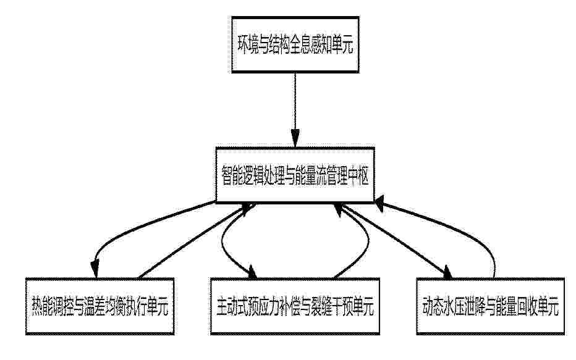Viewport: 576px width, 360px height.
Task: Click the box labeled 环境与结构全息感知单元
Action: tap(295, 44)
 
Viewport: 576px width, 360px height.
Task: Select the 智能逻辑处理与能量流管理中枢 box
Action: tap(295, 175)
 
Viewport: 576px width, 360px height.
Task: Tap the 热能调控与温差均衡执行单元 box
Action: tap(100, 306)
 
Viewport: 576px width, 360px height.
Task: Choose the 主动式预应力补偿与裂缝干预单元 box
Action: tap(295, 306)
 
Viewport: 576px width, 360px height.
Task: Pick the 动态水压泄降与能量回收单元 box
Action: tap(491, 306)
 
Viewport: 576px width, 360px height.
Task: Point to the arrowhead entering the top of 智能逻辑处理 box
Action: tap(295, 139)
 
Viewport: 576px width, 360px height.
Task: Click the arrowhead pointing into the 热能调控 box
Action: tap(95, 269)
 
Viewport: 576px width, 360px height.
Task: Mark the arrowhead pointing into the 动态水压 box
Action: tap(447, 272)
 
